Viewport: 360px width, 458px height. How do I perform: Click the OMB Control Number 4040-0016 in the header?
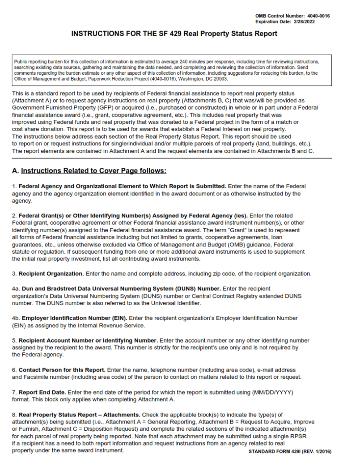tap(292, 16)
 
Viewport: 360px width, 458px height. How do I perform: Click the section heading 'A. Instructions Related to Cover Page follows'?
tap(89, 171)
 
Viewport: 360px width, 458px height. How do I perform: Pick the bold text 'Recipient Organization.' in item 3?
tap(51, 273)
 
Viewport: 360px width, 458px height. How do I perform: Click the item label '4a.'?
tap(15, 289)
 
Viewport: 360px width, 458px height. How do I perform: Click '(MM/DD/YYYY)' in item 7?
tap(273, 392)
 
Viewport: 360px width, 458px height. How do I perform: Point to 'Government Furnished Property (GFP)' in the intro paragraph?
tap(60, 108)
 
